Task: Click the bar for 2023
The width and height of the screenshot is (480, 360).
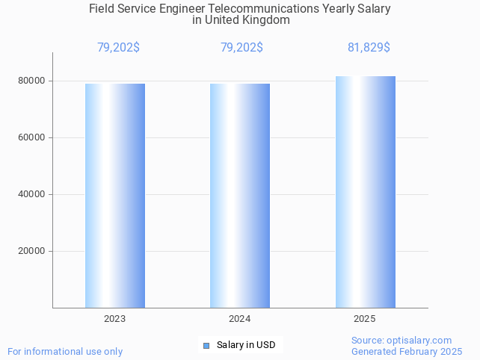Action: pyautogui.click(x=115, y=195)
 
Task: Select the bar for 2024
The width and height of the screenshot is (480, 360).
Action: pyautogui.click(x=240, y=195)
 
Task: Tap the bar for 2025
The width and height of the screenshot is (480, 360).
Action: pyautogui.click(x=365, y=191)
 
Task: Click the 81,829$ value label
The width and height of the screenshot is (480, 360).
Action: pyautogui.click(x=369, y=48)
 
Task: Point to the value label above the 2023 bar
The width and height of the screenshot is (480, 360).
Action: pyautogui.click(x=118, y=48)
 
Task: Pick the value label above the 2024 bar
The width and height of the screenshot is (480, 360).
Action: pyautogui.click(x=241, y=48)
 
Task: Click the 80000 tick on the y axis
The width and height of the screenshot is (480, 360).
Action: pyautogui.click(x=32, y=81)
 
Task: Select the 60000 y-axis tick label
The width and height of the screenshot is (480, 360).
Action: pyautogui.click(x=32, y=137)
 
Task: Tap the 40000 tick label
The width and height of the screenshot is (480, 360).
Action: pyautogui.click(x=32, y=194)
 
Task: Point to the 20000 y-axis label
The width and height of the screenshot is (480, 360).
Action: pyautogui.click(x=32, y=251)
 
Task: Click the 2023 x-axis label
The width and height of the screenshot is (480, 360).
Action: pyautogui.click(x=115, y=319)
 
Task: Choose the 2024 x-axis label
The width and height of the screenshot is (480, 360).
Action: pyautogui.click(x=240, y=319)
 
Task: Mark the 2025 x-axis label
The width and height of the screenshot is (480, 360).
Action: pyautogui.click(x=365, y=319)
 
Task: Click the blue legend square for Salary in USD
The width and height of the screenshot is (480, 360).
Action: pyautogui.click(x=206, y=345)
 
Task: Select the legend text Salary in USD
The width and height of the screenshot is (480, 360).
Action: pyautogui.click(x=246, y=345)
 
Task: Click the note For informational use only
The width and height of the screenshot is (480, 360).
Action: pyautogui.click(x=65, y=351)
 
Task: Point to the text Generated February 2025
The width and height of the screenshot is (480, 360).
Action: pyautogui.click(x=407, y=351)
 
